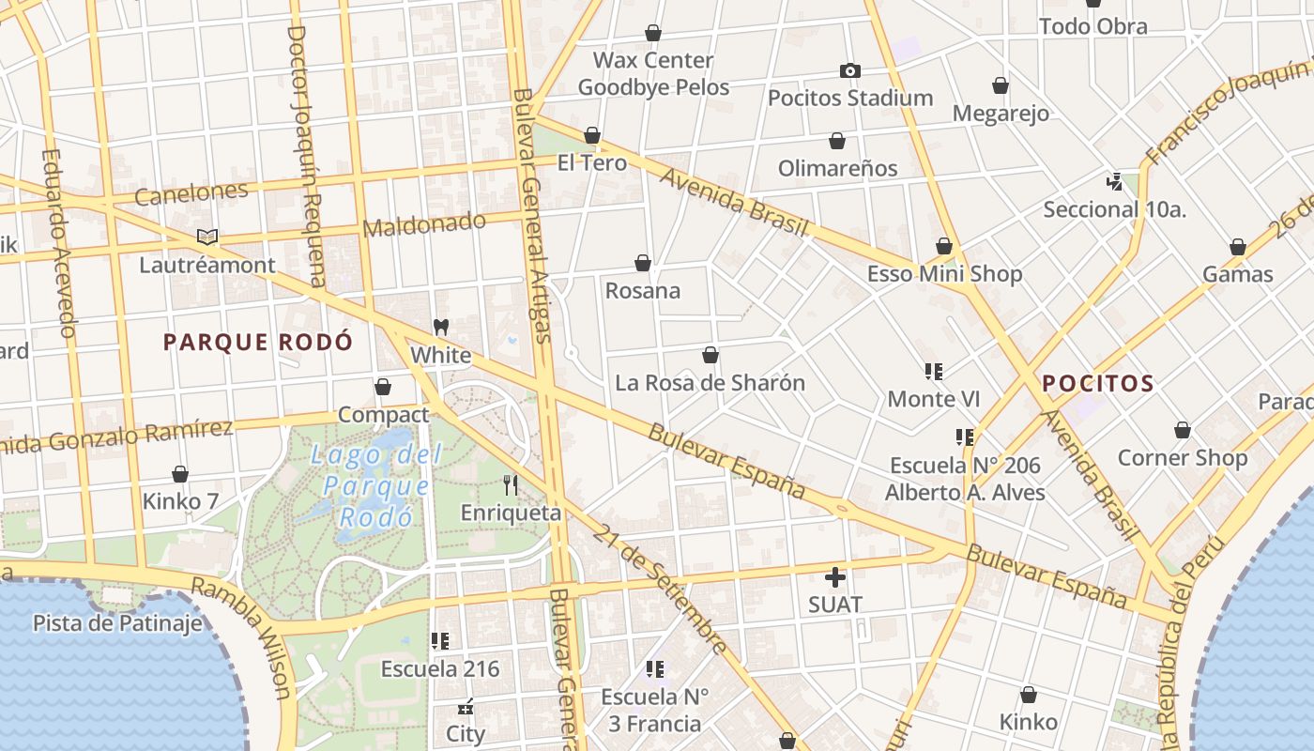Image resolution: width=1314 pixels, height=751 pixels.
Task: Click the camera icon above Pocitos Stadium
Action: click(849, 70)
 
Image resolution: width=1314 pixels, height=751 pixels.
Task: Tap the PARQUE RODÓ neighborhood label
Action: click(258, 342)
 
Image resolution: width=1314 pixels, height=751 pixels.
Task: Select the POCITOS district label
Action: click(1098, 383)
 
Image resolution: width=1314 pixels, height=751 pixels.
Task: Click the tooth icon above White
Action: click(441, 328)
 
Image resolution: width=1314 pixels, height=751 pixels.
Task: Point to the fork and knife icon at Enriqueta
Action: click(511, 485)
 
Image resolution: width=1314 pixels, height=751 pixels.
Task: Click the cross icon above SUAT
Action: click(834, 577)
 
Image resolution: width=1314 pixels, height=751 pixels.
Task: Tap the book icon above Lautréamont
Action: click(207, 238)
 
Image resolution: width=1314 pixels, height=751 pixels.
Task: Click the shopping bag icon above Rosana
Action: click(643, 263)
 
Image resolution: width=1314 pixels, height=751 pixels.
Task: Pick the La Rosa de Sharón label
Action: click(710, 383)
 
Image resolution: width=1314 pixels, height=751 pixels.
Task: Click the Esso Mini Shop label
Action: click(944, 274)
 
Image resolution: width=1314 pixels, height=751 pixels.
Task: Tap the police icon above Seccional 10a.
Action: click(1114, 181)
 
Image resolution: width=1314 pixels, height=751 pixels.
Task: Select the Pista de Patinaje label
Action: click(117, 623)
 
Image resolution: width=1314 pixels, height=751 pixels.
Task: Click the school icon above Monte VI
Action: click(933, 372)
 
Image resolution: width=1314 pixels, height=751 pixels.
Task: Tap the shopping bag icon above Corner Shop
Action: click(1183, 431)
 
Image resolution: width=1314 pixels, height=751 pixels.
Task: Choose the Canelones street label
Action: click(191, 193)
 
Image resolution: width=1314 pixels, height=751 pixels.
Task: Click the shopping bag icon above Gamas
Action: click(1238, 248)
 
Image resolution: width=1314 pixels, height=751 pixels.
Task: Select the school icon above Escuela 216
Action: click(439, 641)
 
